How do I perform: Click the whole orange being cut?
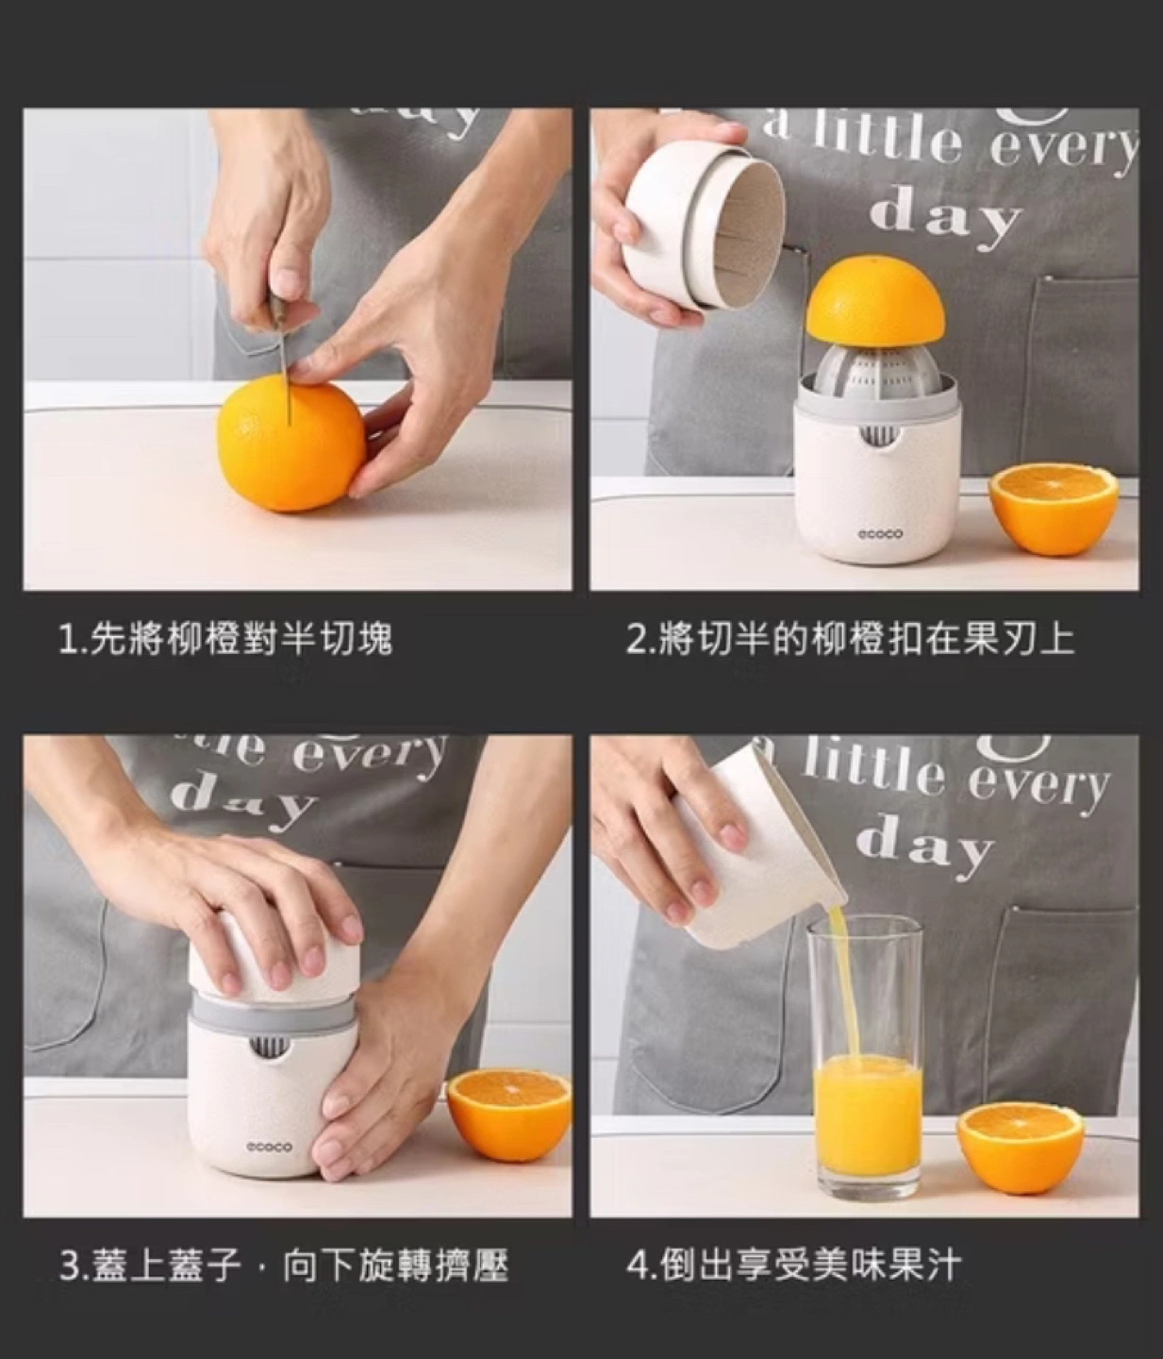point(291,446)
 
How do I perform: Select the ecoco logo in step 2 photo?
point(880,533)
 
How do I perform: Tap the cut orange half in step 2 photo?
point(1054,507)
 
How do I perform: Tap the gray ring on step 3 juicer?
point(274,1015)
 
